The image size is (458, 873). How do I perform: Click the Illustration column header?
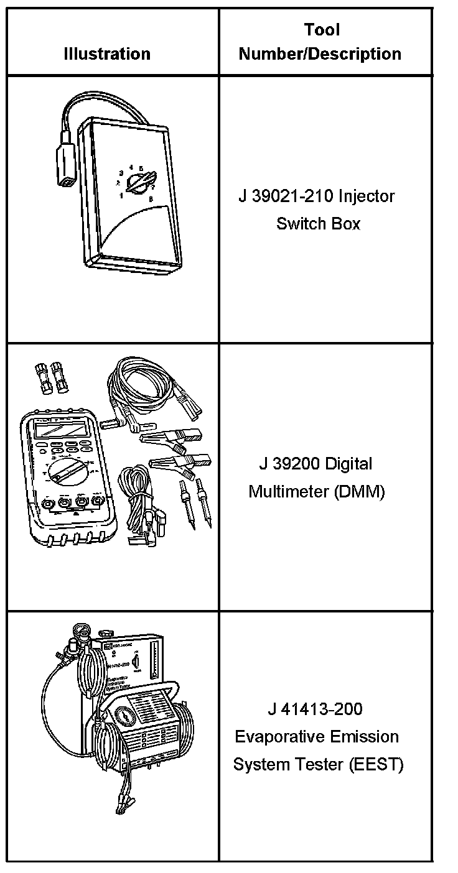click(x=107, y=54)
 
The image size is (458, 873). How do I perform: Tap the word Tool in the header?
click(x=322, y=29)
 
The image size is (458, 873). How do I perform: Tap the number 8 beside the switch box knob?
click(x=151, y=198)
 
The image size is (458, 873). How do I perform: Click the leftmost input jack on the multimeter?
click(x=47, y=502)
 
